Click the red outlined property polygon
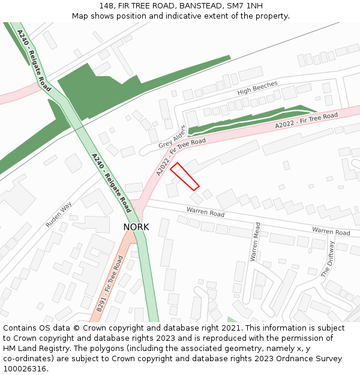tap(185, 176)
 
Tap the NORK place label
tap(136, 227)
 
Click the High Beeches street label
tap(257, 88)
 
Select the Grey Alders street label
tap(172, 137)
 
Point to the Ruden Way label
tap(59, 214)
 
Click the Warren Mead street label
tap(256, 241)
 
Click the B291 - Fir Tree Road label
tap(110, 284)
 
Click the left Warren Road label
tap(205, 212)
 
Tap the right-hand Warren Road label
tap(331, 231)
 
